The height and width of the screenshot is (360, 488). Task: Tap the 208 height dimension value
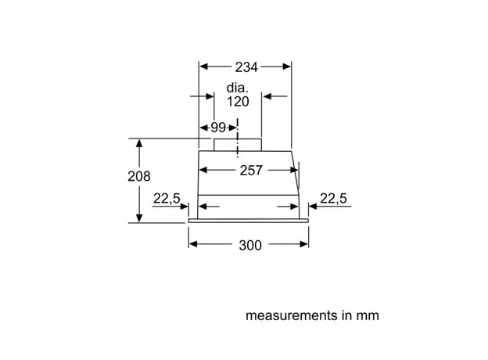[x=138, y=177]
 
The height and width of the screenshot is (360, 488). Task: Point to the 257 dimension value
[x=249, y=170]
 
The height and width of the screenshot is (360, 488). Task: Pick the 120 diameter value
[x=238, y=103]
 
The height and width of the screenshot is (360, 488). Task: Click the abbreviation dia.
[x=238, y=88]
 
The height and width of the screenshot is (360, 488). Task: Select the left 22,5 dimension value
[x=166, y=200]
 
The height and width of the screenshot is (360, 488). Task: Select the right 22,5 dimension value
[x=333, y=200]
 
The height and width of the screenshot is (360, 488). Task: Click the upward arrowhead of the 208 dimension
[x=139, y=144]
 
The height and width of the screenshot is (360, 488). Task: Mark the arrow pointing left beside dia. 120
[x=268, y=97]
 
